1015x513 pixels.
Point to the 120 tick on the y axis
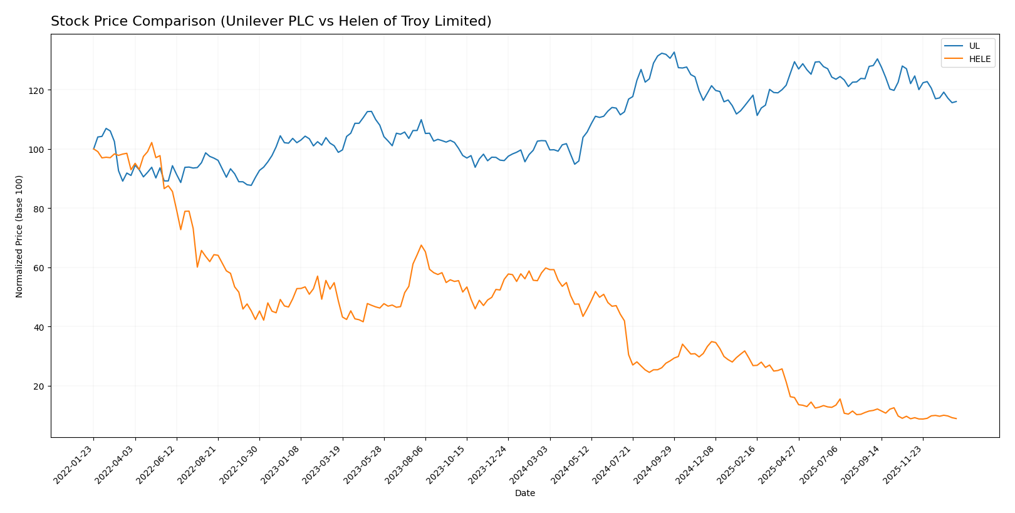pos(38,90)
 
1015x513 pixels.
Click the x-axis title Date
pos(524,494)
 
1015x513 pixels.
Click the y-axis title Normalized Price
pos(19,236)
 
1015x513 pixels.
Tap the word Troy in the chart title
pos(429,22)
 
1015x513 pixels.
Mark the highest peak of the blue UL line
pos(674,52)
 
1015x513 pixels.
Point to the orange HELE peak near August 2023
pos(421,245)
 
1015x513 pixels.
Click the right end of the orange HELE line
pos(956,418)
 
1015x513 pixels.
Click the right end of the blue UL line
pos(956,101)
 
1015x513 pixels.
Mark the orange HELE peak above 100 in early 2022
pos(152,142)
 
